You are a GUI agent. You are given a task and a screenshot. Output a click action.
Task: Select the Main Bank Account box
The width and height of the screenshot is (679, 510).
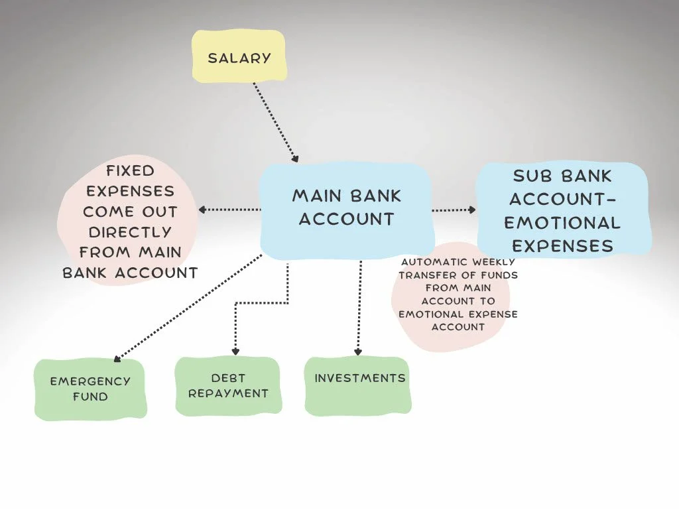(x=346, y=206)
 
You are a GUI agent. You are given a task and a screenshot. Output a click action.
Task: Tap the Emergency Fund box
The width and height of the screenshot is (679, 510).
(x=90, y=389)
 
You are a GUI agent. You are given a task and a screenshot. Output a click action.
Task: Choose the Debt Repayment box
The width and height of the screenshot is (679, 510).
(x=227, y=386)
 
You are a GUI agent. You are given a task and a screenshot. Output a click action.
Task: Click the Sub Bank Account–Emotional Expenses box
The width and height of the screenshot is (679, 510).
(x=563, y=210)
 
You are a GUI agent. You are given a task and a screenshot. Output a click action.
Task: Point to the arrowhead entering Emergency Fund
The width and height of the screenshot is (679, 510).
(x=117, y=359)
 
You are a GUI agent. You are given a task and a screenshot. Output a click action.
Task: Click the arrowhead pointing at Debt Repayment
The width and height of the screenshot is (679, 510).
(x=235, y=351)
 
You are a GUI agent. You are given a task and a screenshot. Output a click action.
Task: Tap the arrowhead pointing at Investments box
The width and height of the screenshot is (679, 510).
(x=359, y=351)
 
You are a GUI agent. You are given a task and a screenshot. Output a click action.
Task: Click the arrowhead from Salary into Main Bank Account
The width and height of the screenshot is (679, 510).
(x=295, y=159)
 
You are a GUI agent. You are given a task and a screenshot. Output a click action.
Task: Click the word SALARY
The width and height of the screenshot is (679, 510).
(x=239, y=58)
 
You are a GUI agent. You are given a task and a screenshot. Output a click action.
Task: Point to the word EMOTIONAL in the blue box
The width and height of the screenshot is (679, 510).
(x=562, y=223)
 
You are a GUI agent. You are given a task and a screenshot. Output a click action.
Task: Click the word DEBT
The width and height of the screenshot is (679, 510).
(x=228, y=378)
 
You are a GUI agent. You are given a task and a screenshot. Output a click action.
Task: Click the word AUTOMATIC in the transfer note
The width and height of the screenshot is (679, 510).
(x=434, y=262)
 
